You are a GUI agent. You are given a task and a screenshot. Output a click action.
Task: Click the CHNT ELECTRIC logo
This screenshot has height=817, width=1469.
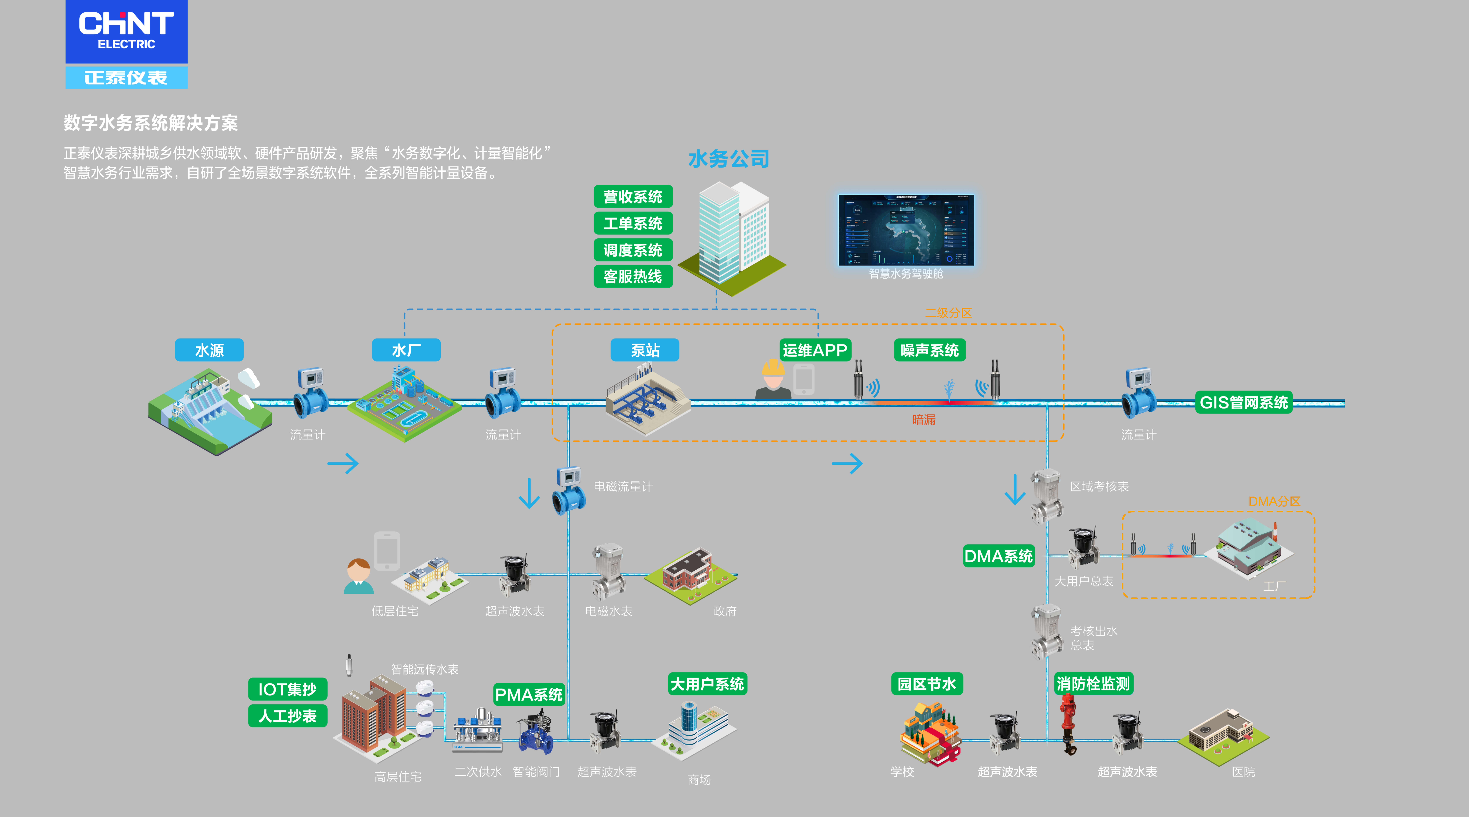[x=126, y=31]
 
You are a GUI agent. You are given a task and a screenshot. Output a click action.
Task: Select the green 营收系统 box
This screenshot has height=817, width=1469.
[x=633, y=197]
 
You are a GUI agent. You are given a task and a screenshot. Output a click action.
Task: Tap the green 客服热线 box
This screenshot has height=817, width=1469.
[x=633, y=277]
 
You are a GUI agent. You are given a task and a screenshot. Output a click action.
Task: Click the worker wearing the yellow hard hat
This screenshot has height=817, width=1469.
[x=773, y=379]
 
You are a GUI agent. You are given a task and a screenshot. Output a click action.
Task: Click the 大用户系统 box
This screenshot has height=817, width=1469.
[x=707, y=684]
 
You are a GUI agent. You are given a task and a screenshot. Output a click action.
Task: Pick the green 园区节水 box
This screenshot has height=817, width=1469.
[x=927, y=684]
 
